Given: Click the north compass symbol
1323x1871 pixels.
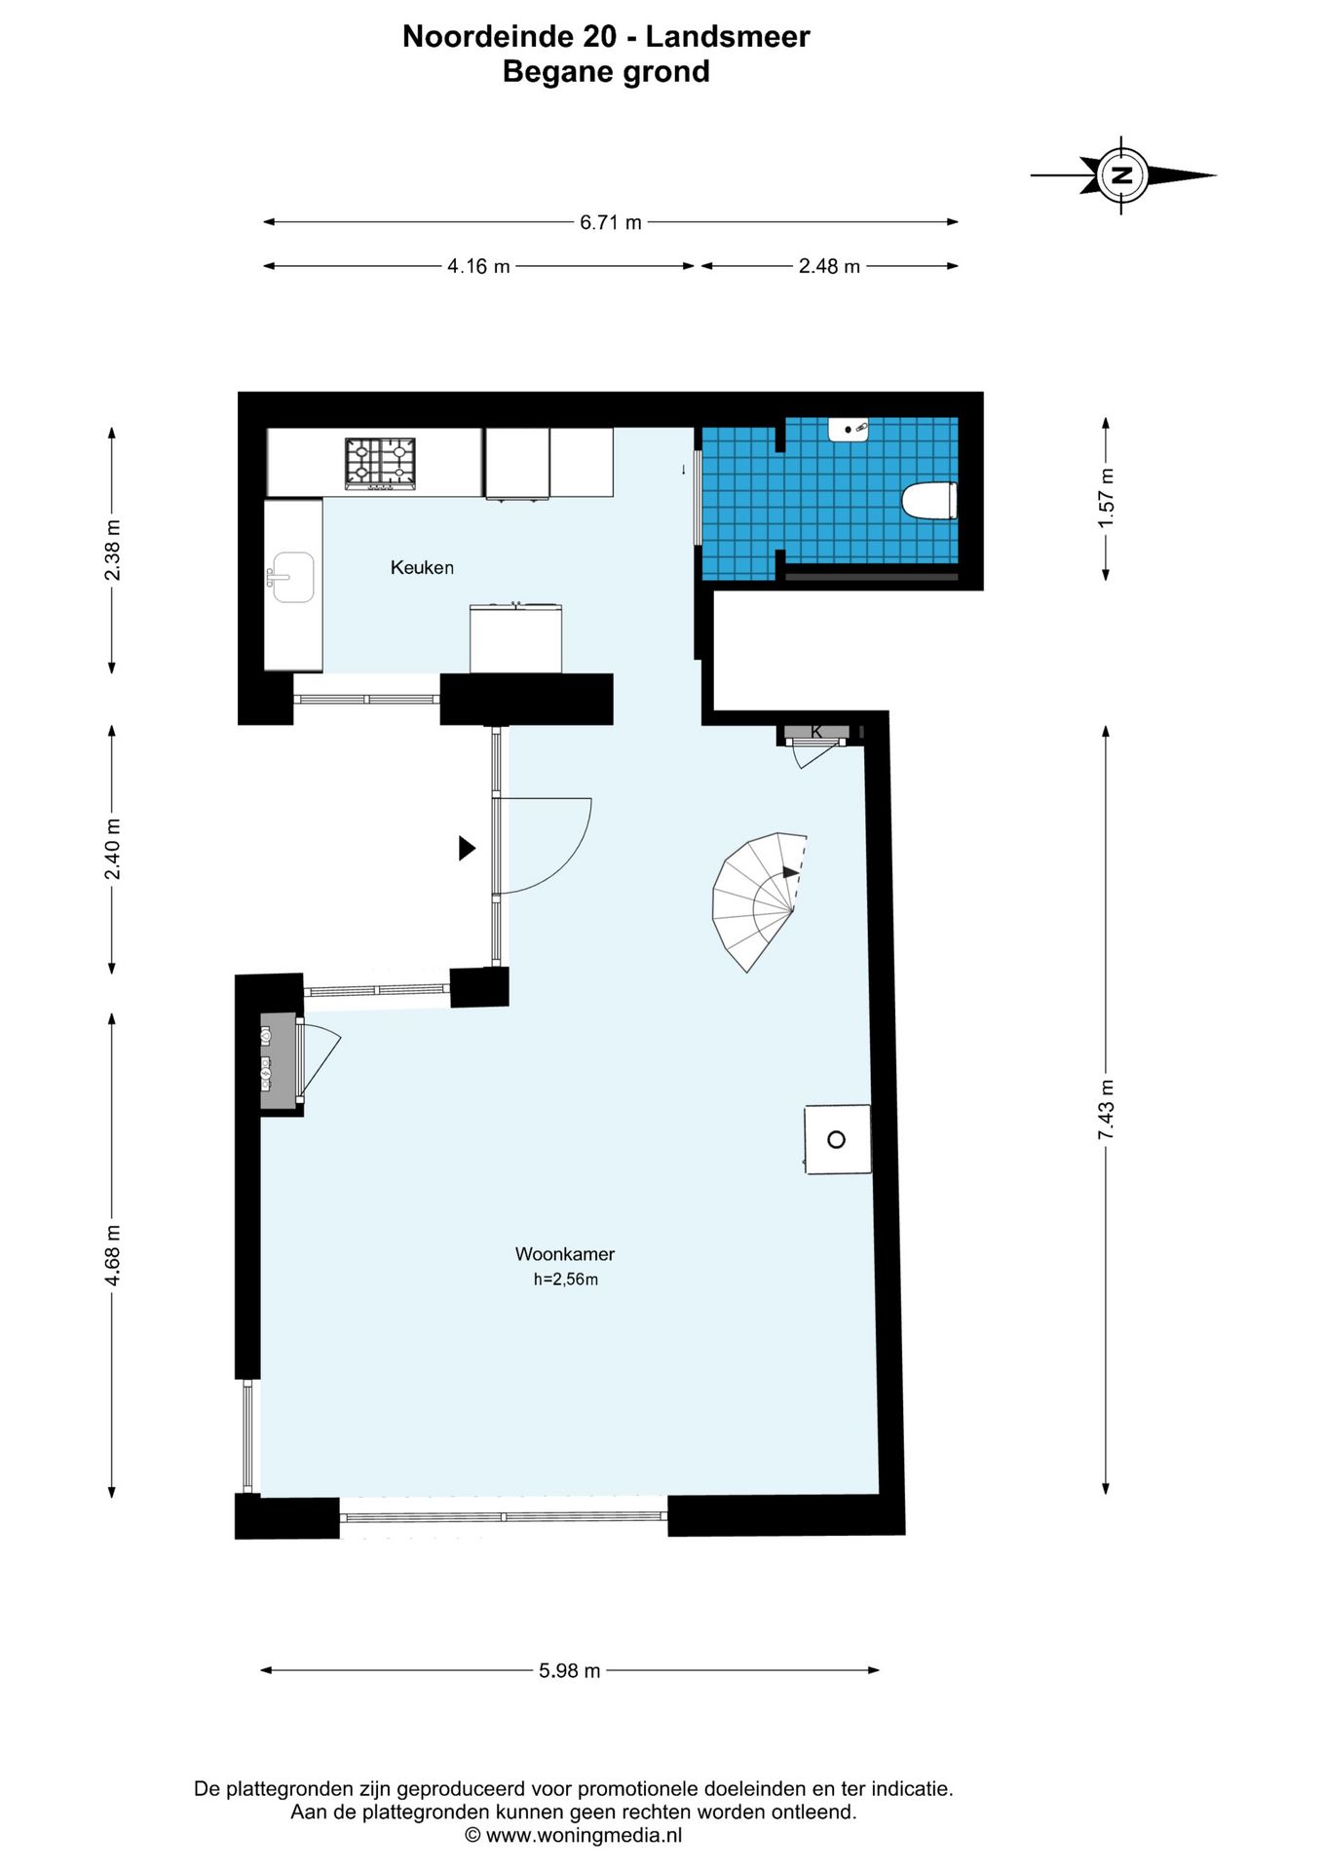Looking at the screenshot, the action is point(1122,175).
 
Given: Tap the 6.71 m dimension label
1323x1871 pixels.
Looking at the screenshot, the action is point(611,222).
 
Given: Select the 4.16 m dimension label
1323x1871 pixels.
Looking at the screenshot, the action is point(478,266).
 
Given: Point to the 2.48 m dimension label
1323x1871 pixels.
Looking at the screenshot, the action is point(829,266).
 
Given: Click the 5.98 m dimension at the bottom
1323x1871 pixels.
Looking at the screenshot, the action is point(570,1670).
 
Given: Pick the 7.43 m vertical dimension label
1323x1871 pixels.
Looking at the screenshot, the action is point(1106,1110).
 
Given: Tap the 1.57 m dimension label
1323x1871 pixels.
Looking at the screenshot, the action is point(1106,499).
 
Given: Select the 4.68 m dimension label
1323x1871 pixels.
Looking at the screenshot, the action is point(112,1254).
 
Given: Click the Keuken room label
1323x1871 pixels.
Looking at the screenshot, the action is point(422,567).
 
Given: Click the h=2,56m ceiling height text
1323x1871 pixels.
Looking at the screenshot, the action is point(565,1279).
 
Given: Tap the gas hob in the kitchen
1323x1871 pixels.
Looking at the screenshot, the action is point(380,463).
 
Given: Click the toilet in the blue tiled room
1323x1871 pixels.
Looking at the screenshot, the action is point(929,502).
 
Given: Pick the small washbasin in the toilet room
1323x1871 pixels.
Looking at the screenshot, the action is point(849,429).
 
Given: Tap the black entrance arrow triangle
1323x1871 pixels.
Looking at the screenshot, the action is point(468,848).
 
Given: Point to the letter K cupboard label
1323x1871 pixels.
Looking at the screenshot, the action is point(816,732).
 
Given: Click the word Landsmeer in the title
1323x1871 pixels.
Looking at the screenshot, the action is point(728,37).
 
